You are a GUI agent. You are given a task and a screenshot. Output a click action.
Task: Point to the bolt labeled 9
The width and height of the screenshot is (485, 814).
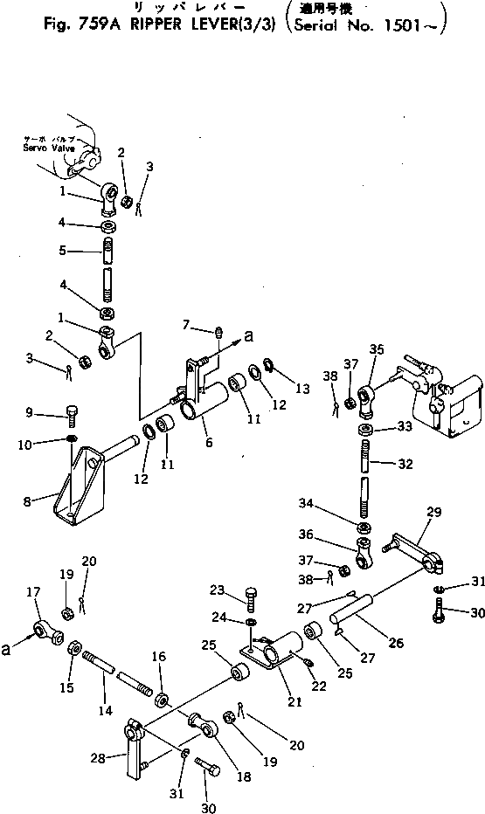click(71, 412)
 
